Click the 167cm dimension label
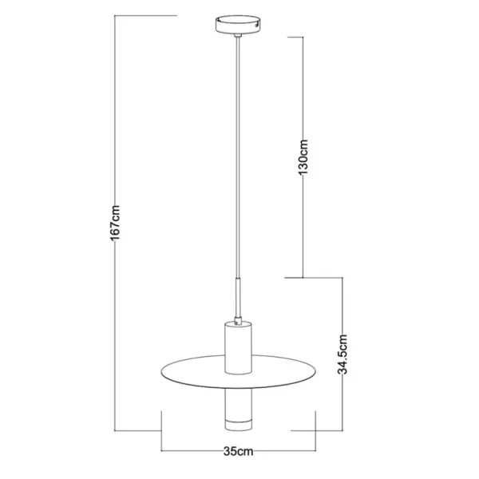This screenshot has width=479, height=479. coord(116,223)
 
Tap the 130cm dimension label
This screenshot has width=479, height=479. coord(303,156)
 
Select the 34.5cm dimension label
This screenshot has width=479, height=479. coord(342,354)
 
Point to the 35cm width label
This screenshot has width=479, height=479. coord(238,451)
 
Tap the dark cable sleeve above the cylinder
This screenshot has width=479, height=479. coord(238,298)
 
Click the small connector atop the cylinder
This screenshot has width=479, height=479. coord(238,321)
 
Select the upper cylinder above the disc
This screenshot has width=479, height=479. coord(238,347)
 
